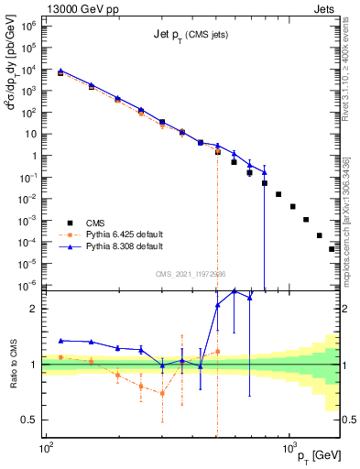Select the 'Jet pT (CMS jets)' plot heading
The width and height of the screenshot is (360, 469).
[191, 35]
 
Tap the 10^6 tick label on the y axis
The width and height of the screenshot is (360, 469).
[29, 25]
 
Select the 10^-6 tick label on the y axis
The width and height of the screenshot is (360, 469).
[29, 285]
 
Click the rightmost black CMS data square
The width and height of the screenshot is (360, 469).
[333, 248]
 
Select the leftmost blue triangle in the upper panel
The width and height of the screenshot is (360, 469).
[60, 71]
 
